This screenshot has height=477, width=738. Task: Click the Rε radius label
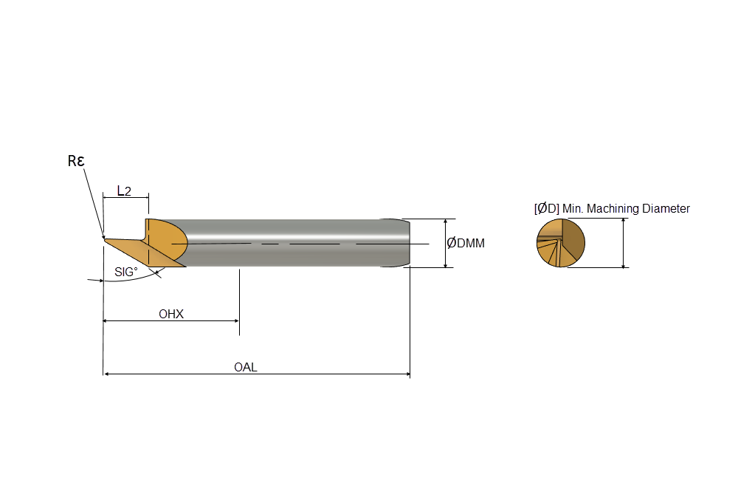(76, 161)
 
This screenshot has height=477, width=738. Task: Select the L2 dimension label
(124, 191)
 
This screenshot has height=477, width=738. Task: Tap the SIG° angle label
(126, 272)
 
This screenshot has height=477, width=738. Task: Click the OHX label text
(171, 314)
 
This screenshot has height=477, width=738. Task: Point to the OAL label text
(246, 367)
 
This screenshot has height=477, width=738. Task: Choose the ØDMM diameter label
(466, 243)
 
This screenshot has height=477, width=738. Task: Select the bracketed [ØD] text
(546, 209)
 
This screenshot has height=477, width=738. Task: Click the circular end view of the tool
(561, 243)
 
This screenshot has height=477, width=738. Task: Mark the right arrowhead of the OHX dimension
(236, 321)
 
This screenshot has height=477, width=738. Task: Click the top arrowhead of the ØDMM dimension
(446, 222)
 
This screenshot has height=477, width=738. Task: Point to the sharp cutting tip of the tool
(104, 238)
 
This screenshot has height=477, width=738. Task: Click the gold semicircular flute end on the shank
(167, 240)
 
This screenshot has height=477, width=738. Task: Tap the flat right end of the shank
(410, 243)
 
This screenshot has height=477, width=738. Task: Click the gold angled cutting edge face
(141, 253)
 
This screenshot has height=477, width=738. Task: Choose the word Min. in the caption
(573, 209)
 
